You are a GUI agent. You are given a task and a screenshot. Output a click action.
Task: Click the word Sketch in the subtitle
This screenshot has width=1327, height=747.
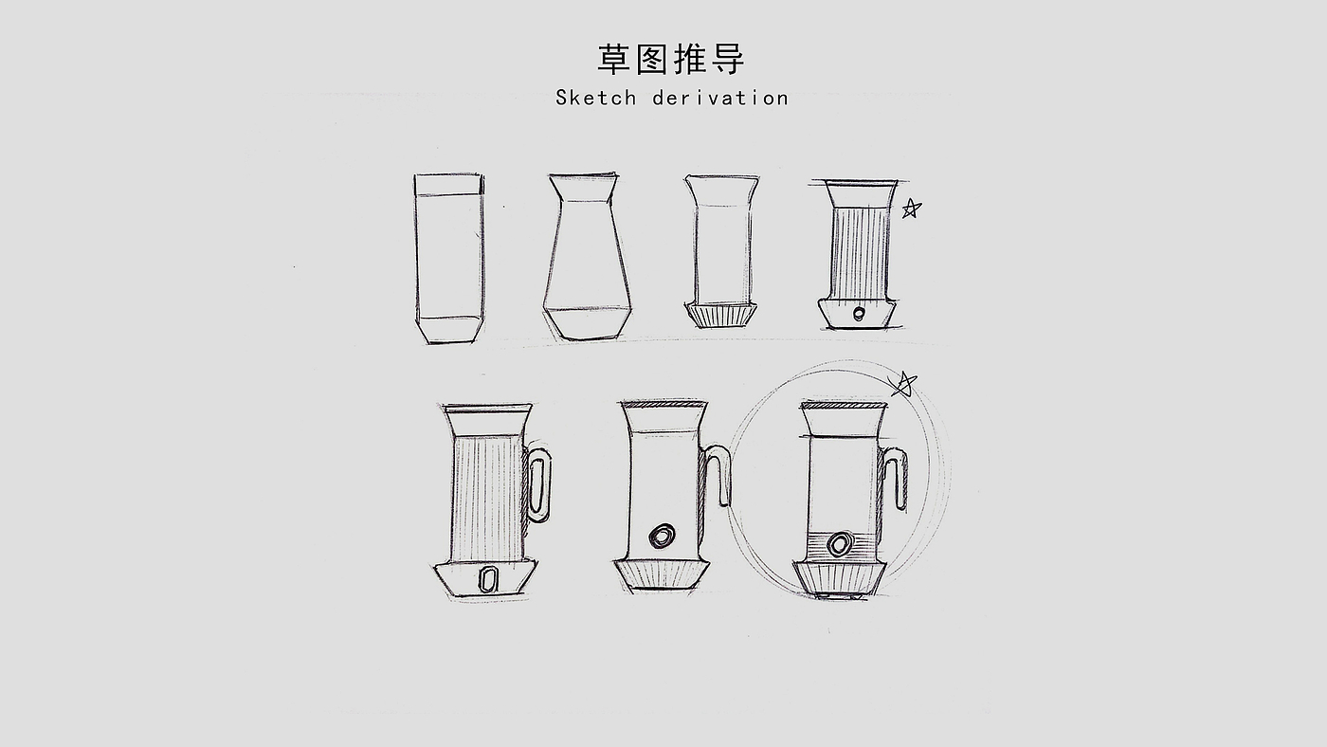click(x=596, y=98)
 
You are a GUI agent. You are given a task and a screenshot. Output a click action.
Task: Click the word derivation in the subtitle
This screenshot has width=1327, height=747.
click(x=721, y=98)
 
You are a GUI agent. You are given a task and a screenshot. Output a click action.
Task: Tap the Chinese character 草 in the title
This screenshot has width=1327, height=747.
click(x=613, y=59)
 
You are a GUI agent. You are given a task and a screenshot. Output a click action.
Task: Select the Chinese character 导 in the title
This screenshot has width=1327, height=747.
click(x=727, y=59)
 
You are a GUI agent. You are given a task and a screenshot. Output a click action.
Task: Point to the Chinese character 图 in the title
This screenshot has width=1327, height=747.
click(x=652, y=59)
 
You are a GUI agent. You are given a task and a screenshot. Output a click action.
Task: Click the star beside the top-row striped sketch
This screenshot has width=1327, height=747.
click(x=911, y=209)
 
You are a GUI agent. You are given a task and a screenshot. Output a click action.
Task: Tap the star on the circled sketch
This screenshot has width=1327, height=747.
click(x=902, y=384)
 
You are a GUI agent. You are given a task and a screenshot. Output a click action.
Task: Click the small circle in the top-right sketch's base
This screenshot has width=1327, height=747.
click(x=859, y=313)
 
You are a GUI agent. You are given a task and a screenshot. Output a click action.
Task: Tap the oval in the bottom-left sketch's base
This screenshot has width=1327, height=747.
click(x=487, y=579)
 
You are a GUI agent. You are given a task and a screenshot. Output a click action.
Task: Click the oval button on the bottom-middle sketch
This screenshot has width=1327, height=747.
click(x=662, y=537)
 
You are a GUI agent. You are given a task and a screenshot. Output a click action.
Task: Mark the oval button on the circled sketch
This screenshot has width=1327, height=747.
click(x=840, y=544)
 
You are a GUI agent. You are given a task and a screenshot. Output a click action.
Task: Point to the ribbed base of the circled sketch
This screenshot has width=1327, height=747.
click(x=840, y=577)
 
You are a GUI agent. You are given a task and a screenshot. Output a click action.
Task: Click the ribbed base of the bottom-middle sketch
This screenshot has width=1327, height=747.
click(x=662, y=574)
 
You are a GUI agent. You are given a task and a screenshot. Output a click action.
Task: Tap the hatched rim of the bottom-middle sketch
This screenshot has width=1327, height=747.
click(x=663, y=404)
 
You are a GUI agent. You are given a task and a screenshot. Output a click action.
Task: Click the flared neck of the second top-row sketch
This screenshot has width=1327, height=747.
click(x=584, y=189)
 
